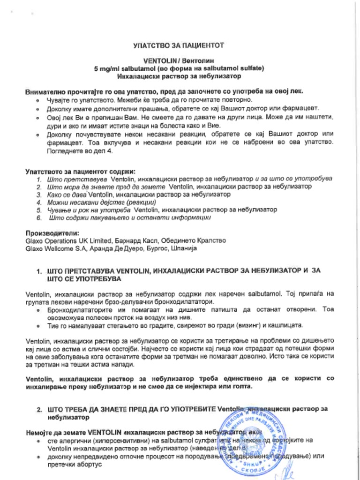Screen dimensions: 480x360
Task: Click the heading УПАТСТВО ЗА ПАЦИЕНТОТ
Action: click(x=179, y=45)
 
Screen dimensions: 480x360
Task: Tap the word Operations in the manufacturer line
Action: click(x=61, y=240)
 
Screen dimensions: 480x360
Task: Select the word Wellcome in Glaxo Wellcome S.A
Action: click(x=60, y=248)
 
